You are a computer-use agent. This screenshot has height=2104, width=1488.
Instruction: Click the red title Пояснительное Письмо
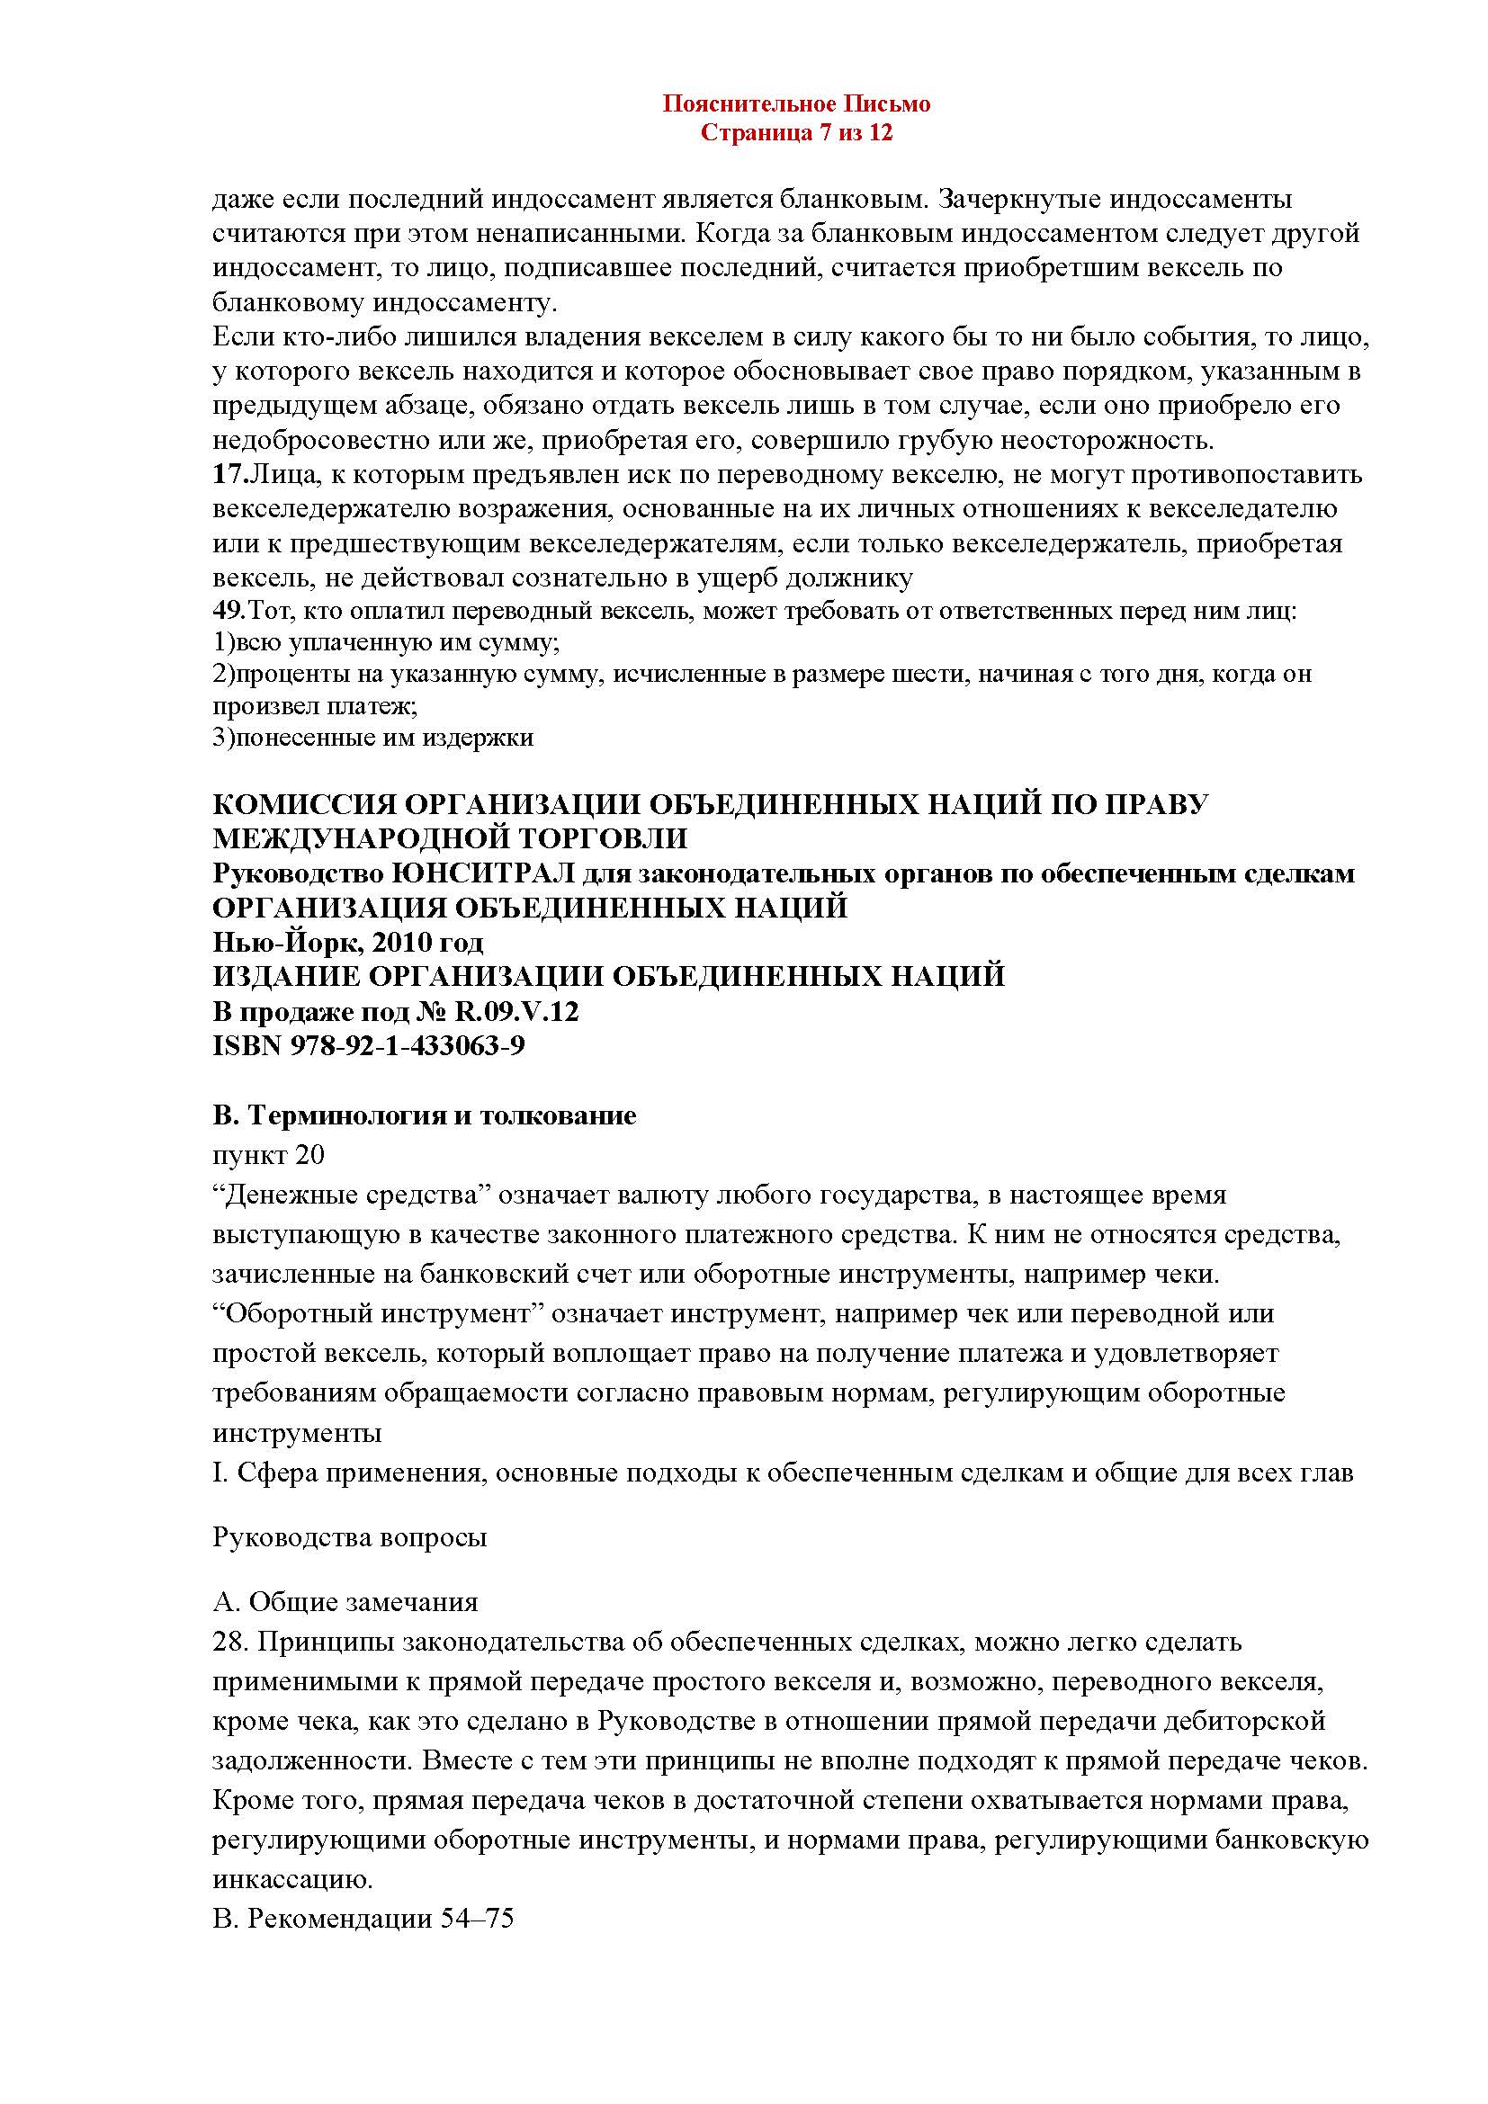[x=796, y=104]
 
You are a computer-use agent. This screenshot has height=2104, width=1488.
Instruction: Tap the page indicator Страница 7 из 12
[x=796, y=134]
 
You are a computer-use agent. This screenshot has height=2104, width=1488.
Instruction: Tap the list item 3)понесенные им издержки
[x=373, y=737]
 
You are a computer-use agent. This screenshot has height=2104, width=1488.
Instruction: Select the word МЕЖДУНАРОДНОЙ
[x=379, y=838]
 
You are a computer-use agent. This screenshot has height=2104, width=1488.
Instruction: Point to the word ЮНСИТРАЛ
[x=468, y=873]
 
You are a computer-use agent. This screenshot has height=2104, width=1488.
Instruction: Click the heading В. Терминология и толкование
[x=425, y=1116]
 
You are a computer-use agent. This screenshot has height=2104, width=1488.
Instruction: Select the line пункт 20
[x=268, y=1155]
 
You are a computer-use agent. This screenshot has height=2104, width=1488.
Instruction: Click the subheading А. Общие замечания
[x=345, y=1602]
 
